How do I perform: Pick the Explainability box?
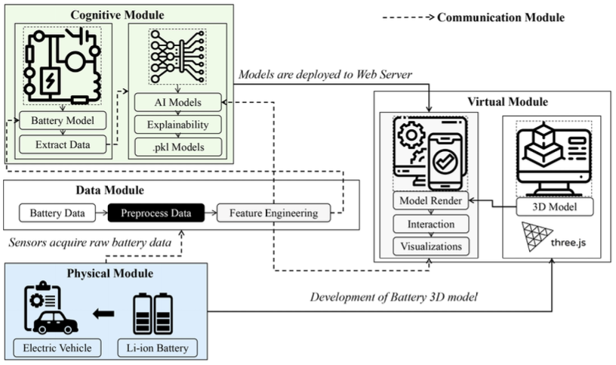tap(178, 123)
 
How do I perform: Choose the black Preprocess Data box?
tap(156, 213)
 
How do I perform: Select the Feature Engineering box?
tap(273, 213)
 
